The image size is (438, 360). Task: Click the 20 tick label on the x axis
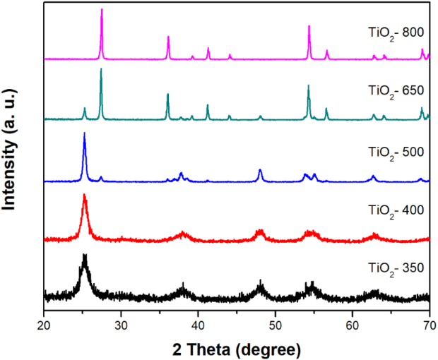click(44, 325)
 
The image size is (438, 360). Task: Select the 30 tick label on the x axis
click(121, 325)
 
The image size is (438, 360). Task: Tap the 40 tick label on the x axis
click(198, 325)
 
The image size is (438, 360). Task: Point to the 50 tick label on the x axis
click(275, 325)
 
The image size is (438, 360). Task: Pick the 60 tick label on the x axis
click(352, 325)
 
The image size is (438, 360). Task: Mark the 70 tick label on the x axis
click(429, 325)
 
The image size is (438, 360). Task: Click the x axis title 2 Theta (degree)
click(237, 348)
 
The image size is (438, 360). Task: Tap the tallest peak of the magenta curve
click(102, 10)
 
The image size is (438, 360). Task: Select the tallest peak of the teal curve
click(101, 69)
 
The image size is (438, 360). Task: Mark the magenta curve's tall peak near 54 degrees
click(309, 26)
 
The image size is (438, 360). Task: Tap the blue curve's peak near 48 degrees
click(260, 170)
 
